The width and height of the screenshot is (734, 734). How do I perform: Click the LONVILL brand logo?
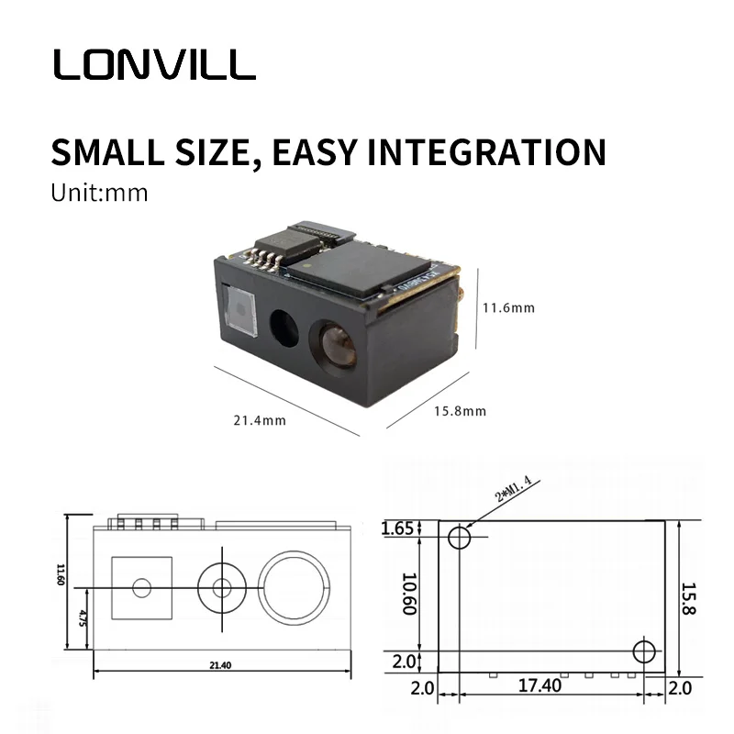pyautogui.click(x=153, y=64)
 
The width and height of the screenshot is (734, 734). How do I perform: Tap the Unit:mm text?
pyautogui.click(x=99, y=194)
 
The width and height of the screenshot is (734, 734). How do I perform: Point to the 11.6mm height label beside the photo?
pyautogui.click(x=508, y=308)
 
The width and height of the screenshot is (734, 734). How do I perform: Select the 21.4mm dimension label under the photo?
pyautogui.click(x=259, y=420)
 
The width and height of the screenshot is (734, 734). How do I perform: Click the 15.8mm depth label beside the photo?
pyautogui.click(x=459, y=411)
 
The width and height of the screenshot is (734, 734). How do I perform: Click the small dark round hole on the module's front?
pyautogui.click(x=284, y=328)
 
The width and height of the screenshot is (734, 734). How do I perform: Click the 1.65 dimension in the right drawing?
pyautogui.click(x=398, y=528)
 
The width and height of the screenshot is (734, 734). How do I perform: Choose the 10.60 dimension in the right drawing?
pyautogui.click(x=408, y=595)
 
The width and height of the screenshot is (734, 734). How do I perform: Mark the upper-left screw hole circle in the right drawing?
pyautogui.click(x=460, y=538)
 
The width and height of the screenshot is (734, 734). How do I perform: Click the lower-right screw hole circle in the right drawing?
pyautogui.click(x=645, y=651)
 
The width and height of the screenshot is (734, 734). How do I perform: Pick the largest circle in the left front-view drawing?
pyautogui.click(x=295, y=587)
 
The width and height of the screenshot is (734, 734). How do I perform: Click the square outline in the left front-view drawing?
pyautogui.click(x=141, y=587)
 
